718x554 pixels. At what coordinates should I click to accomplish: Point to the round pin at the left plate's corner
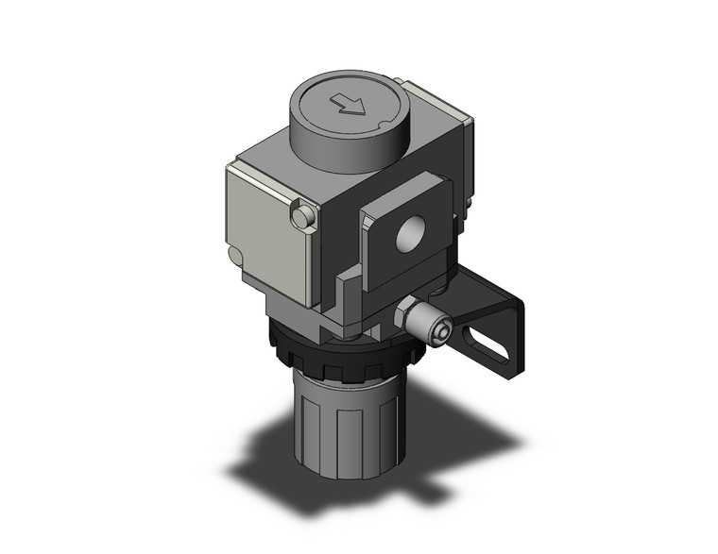[x=301, y=219]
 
